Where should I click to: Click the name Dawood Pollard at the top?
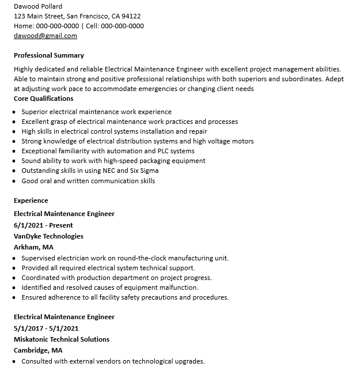point(38,6)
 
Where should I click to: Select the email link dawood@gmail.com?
point(45,36)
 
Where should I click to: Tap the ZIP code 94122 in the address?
point(131,16)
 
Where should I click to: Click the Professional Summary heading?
point(49,55)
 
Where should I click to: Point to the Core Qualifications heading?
point(43,99)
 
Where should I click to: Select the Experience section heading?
point(31,200)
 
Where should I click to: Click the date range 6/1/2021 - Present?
point(43,225)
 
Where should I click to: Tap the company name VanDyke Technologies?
point(48,236)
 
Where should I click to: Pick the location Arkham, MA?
point(34,247)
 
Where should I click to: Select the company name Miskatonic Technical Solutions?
point(62,339)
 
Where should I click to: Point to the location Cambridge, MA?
point(38,350)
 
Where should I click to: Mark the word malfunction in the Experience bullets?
point(178,287)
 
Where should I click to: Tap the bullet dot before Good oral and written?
point(14,181)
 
